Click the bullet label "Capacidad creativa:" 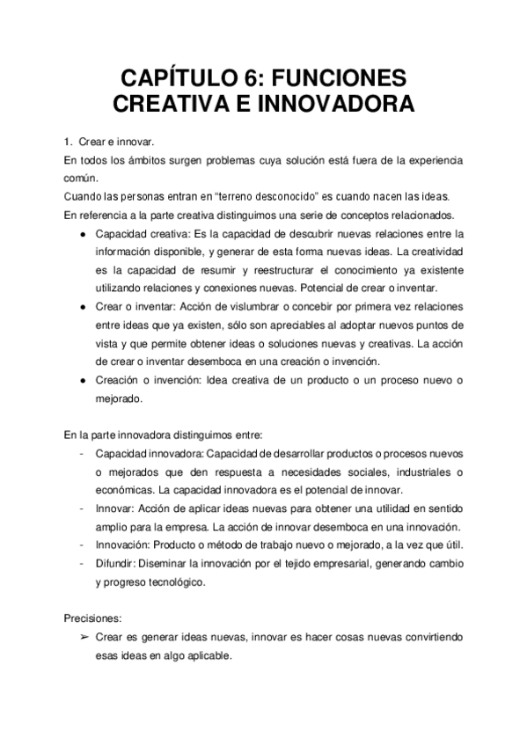138,235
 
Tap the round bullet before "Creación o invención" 82,380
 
